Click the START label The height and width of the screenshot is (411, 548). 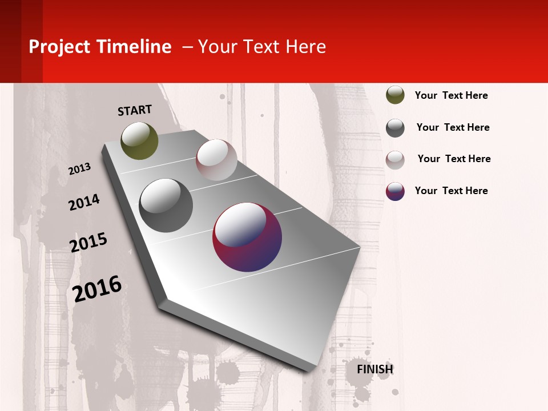[135, 110]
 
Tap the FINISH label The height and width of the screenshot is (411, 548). [375, 369]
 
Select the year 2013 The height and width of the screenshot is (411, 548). [79, 169]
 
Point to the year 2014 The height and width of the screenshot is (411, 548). [84, 202]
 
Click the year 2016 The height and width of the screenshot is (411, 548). [97, 288]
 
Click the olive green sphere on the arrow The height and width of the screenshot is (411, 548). [140, 140]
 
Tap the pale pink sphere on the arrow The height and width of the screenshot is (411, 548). [216, 160]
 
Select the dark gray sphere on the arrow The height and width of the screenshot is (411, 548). [166, 205]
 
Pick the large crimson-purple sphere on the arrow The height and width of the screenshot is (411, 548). [247, 237]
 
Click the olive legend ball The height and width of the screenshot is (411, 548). [395, 95]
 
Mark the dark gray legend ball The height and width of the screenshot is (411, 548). [395, 128]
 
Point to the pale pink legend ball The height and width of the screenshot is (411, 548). [395, 160]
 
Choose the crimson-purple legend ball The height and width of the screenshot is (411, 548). [395, 191]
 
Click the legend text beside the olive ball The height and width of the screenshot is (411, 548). [451, 95]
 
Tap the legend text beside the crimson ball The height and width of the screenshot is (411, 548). [451, 191]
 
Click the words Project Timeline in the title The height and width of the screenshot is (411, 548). [100, 47]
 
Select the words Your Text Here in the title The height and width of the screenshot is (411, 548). [261, 47]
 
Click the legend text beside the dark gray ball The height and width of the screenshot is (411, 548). [453, 127]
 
